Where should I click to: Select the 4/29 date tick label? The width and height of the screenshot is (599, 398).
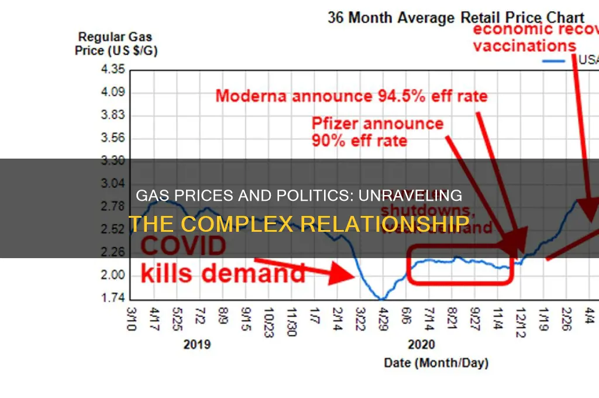383,321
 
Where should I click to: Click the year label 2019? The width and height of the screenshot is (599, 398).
198,344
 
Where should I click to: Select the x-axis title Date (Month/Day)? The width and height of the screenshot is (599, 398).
436,363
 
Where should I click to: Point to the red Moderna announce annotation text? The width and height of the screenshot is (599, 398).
351,96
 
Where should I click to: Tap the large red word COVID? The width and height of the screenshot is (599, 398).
183,246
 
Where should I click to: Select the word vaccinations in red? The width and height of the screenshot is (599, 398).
524,46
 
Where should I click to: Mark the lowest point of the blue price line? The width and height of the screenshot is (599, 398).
381,298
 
